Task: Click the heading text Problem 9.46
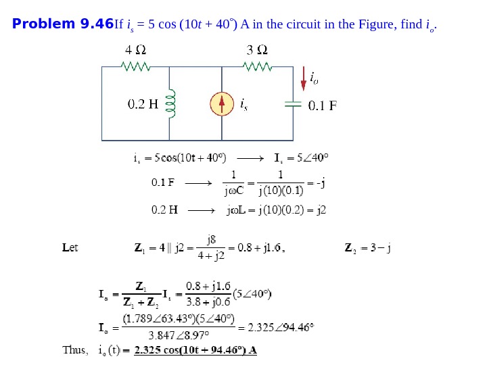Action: [x=63, y=25]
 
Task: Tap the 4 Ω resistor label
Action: [x=135, y=51]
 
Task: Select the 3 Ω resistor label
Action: [x=256, y=51]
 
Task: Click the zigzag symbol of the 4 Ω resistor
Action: [x=135, y=66]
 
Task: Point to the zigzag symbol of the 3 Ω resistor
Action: [x=257, y=66]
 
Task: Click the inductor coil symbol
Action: [x=170, y=103]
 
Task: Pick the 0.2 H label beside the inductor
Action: [x=143, y=104]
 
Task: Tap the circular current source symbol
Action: [x=222, y=103]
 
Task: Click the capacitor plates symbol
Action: [x=293, y=103]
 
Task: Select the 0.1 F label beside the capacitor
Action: [x=323, y=105]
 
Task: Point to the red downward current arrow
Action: [x=303, y=79]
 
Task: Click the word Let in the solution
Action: [x=70, y=247]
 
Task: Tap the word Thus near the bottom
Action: [x=74, y=350]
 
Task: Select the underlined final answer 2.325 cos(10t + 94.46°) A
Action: [x=195, y=350]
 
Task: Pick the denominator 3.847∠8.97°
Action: [x=179, y=335]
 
